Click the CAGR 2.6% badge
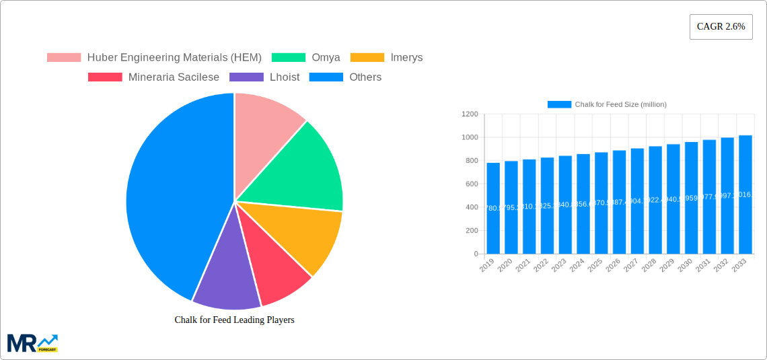pyautogui.click(x=721, y=27)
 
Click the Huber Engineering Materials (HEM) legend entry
pyautogui.click(x=154, y=58)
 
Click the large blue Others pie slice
pyautogui.click(x=168, y=195)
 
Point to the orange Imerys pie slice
pyautogui.click(x=303, y=236)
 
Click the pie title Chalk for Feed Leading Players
pyautogui.click(x=234, y=320)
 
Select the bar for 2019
pyautogui.click(x=493, y=209)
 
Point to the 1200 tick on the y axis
pyautogui.click(x=470, y=114)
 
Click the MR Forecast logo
pyautogui.click(x=32, y=343)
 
